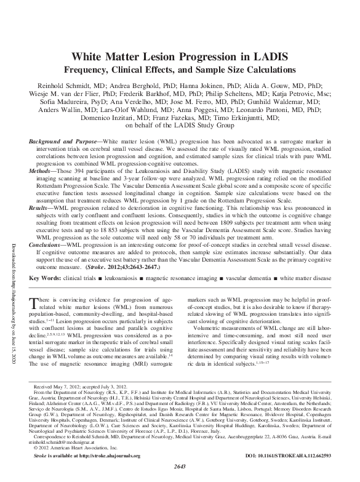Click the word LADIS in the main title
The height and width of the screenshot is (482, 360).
[267, 57]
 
